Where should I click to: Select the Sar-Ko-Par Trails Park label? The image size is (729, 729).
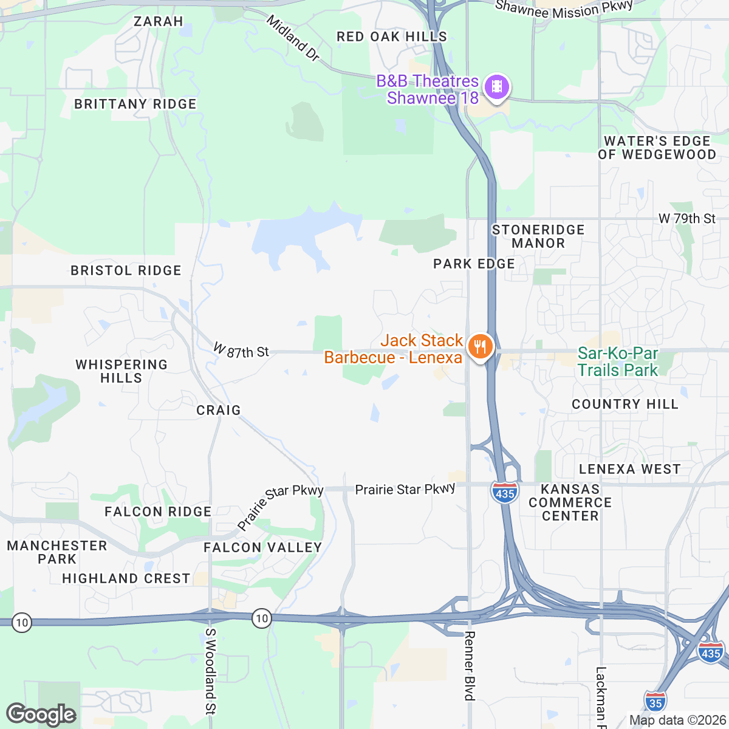[617, 361]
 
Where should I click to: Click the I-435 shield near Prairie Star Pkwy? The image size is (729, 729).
[505, 493]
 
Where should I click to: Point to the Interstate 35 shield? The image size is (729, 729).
[654, 702]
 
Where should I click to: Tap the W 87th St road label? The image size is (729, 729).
[241, 351]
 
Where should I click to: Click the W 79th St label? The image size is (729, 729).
[687, 219]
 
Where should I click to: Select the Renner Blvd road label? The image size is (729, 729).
[469, 665]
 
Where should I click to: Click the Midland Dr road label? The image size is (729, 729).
[293, 38]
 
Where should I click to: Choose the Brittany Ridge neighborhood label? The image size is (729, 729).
[135, 104]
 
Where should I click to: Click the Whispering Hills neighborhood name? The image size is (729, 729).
[122, 371]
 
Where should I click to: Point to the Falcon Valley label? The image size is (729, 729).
[263, 548]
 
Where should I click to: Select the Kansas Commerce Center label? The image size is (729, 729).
[570, 502]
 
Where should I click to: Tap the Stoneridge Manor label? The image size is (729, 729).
[538, 236]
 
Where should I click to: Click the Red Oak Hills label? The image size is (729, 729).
[392, 37]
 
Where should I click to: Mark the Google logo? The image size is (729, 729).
[41, 715]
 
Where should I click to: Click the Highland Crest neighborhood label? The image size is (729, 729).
[126, 579]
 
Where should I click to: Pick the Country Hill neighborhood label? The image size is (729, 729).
[625, 405]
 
